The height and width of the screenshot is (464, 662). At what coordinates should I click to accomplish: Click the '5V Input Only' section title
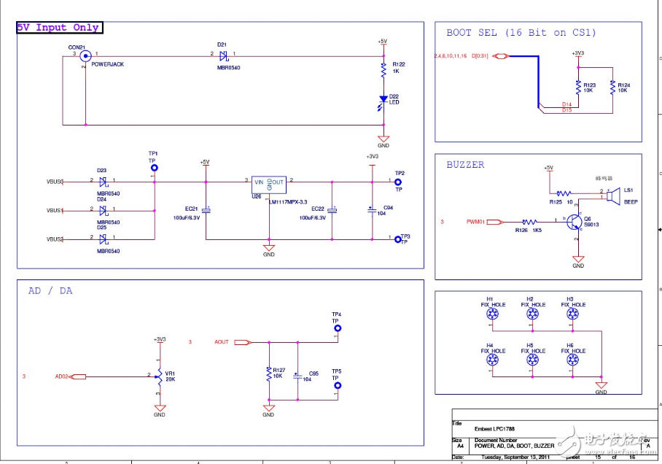click(59, 28)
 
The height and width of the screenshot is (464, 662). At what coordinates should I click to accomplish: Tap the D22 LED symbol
click(383, 99)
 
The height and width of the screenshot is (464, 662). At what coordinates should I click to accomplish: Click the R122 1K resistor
click(383, 71)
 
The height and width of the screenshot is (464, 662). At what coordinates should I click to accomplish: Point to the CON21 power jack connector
click(85, 55)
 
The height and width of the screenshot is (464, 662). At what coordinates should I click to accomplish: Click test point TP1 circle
click(153, 167)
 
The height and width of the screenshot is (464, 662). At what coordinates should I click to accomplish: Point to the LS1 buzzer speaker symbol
click(612, 196)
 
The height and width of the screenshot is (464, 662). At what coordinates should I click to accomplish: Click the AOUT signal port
click(242, 341)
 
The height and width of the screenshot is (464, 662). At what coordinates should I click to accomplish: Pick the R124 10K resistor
click(612, 88)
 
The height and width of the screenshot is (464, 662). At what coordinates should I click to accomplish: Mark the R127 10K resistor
click(269, 374)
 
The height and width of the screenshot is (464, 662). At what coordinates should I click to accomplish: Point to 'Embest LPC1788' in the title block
click(491, 428)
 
